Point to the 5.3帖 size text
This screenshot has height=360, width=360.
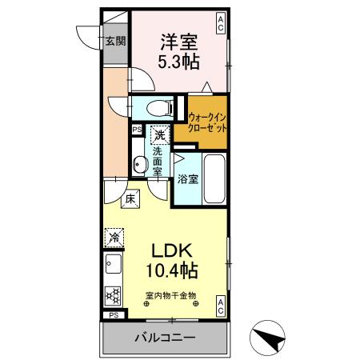[179, 62]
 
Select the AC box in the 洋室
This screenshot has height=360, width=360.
[220, 19]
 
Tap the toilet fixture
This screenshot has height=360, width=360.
[157, 106]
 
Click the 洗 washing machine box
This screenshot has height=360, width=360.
[161, 135]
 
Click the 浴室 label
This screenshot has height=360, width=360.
[188, 181]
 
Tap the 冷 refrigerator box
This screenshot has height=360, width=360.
[114, 238]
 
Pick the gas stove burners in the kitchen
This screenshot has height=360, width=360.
[113, 294]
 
